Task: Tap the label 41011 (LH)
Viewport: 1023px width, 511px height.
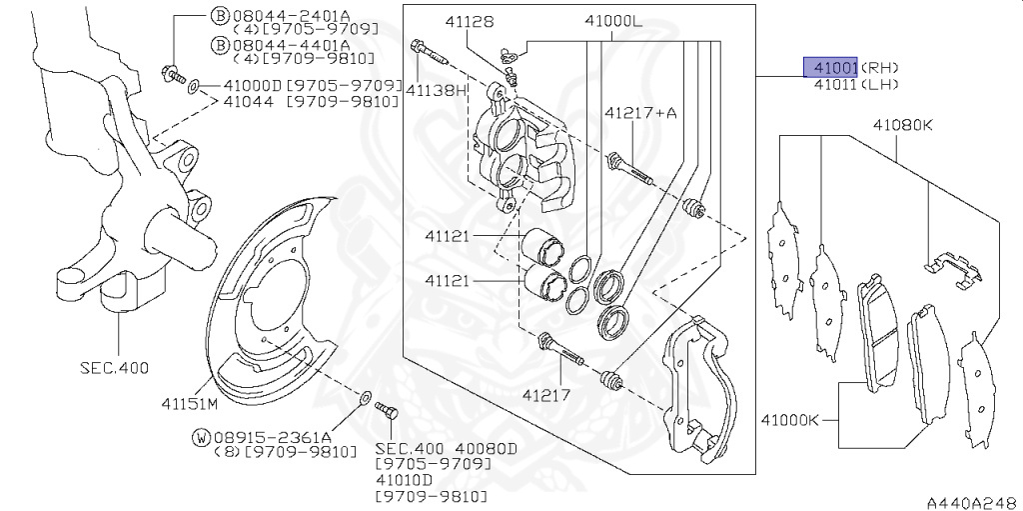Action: [856, 84]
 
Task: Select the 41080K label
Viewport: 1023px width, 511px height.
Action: [902, 124]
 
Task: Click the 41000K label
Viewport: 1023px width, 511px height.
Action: [789, 420]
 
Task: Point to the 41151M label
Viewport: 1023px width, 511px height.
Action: [189, 403]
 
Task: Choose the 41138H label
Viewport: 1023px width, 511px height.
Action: [436, 90]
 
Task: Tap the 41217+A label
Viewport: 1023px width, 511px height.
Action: [640, 113]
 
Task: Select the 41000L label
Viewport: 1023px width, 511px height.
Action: [614, 22]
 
